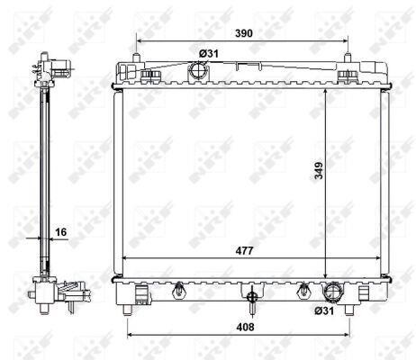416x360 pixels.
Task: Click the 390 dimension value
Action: [244, 33]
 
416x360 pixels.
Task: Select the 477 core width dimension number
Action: [245, 250]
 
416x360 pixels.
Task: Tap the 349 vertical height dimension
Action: [319, 170]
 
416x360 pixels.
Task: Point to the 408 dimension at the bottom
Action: [245, 327]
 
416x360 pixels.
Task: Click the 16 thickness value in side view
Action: [61, 232]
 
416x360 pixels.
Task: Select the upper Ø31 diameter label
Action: [209, 54]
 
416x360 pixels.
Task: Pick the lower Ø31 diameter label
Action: [324, 310]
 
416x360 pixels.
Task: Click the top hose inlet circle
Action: [197, 71]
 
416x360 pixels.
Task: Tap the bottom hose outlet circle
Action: [332, 292]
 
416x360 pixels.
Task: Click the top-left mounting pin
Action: [136, 58]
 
